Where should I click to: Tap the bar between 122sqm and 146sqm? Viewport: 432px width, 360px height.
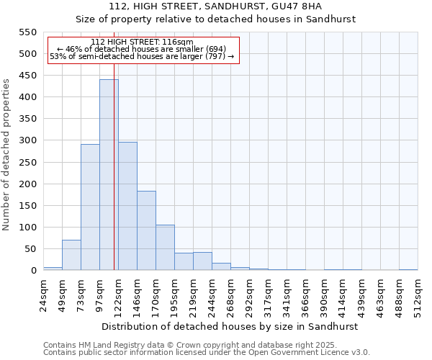[127, 206]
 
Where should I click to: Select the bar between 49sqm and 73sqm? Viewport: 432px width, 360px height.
[71, 255]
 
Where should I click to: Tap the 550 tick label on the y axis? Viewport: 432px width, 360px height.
[27, 32]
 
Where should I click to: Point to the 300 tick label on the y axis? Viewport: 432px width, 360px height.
[27, 140]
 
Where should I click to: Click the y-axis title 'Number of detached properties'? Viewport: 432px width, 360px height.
[6, 155]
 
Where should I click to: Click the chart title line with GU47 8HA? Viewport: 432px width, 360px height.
[215, 6]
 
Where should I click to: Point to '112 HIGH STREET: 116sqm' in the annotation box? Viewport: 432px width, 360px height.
[142, 42]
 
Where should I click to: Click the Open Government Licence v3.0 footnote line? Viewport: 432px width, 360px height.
[207, 352]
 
